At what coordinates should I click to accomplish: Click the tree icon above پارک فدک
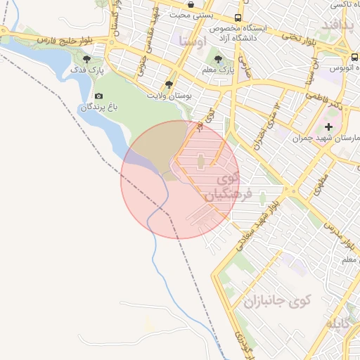pyautogui.click(x=86, y=59)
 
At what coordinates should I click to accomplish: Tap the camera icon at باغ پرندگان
pyautogui.click(x=98, y=96)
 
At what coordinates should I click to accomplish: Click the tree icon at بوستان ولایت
pyautogui.click(x=169, y=84)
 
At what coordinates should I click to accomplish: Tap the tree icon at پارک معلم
pyautogui.click(x=219, y=59)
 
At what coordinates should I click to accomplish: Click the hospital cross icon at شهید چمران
pyautogui.click(x=328, y=127)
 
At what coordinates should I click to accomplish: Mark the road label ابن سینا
pyautogui.click(x=310, y=76)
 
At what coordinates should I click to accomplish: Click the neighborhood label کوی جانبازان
pyautogui.click(x=276, y=302)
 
